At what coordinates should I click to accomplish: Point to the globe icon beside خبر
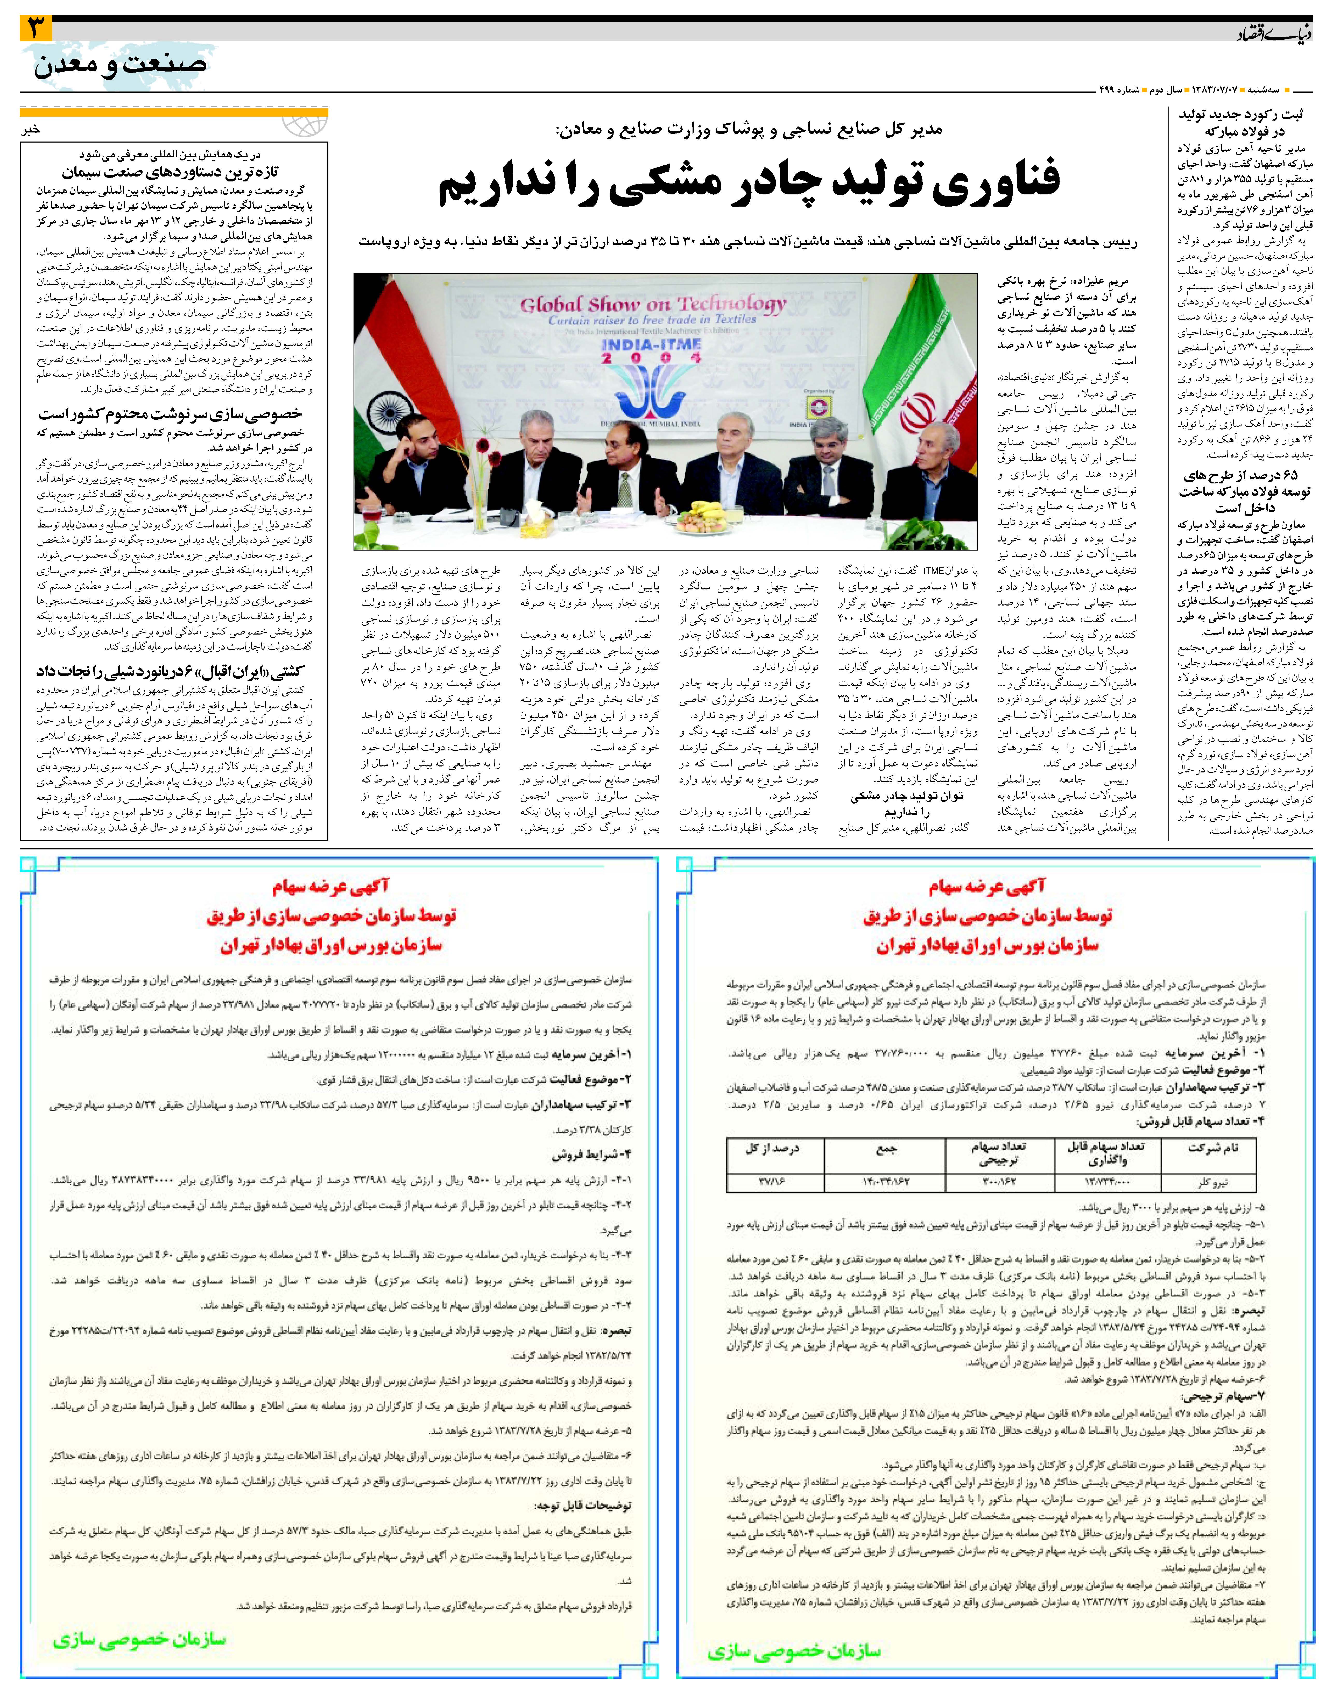tap(304, 125)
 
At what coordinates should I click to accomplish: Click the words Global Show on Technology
tap(653, 304)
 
